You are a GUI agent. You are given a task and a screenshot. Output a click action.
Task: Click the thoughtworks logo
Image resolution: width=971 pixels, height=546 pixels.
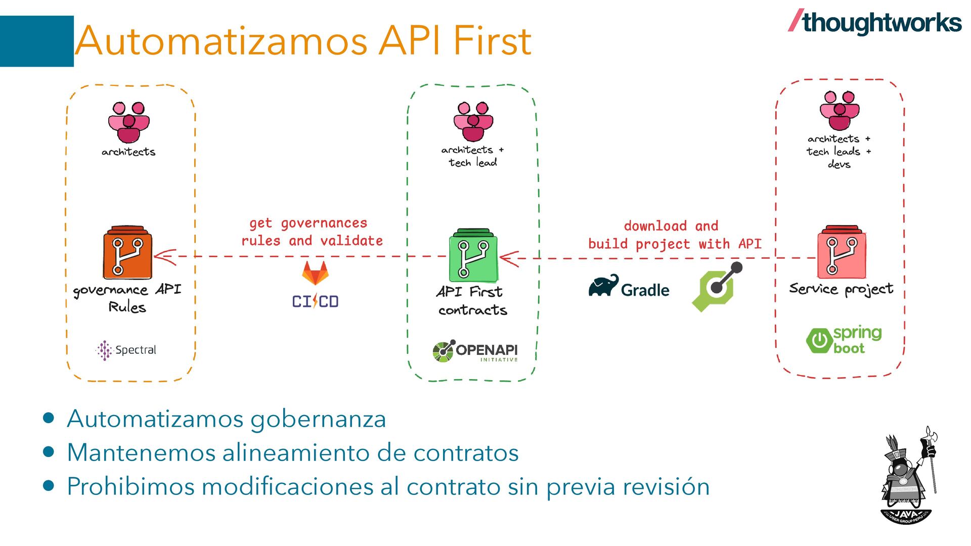pos(875,23)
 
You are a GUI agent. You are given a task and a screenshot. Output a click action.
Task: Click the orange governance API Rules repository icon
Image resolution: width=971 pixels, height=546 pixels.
pos(127,253)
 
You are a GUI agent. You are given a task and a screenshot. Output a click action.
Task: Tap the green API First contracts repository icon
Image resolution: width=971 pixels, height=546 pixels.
pos(473,255)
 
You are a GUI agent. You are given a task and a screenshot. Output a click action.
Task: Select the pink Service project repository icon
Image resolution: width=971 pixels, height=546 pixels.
pos(842,253)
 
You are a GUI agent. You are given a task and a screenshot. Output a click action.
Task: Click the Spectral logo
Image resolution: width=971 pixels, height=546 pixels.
pos(126,350)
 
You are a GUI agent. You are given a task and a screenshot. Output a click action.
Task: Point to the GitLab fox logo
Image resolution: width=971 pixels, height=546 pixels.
pos(315,274)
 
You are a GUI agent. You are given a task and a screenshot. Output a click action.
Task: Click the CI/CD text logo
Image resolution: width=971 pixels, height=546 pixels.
pos(315,301)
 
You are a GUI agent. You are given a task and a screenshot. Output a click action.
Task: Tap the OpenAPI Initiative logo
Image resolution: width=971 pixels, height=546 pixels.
pos(475,351)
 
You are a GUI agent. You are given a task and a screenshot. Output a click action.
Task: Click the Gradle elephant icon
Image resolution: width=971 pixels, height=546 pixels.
pos(603,286)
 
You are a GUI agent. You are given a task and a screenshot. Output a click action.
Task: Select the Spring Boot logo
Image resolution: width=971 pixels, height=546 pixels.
pos(844,340)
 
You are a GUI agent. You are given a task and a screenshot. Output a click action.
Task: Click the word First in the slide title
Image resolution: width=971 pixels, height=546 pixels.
pos(492,40)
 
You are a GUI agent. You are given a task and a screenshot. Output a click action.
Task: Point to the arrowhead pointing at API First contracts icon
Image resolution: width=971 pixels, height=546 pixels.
pos(509,258)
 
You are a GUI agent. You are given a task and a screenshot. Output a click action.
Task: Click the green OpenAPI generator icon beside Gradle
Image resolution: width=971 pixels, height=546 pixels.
pos(717,287)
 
